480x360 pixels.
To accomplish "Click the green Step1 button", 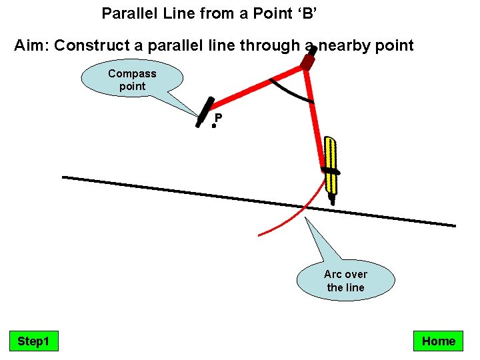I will [x=33, y=341].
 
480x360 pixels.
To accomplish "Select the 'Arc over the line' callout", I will [x=345, y=281].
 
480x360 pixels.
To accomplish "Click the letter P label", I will [x=218, y=117].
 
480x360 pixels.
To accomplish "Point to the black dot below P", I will [x=214, y=125].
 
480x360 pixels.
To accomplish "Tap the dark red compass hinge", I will [x=307, y=61].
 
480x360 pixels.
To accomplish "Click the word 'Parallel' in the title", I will [x=125, y=13].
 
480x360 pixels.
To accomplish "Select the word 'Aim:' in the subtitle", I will [x=31, y=46].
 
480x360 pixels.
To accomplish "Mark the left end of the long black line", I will [x=63, y=177].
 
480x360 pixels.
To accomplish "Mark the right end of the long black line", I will [x=455, y=225].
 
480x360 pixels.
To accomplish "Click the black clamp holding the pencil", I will [x=331, y=171].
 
